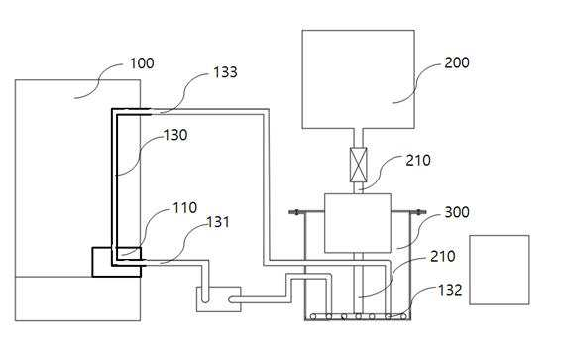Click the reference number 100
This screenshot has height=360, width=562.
[x=142, y=63]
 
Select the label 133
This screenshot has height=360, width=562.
[x=225, y=72]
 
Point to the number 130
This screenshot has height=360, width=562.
[x=175, y=135]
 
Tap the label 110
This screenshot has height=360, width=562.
[x=185, y=208]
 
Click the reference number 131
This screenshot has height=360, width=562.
[x=218, y=222]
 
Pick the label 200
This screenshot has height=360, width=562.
[x=457, y=62]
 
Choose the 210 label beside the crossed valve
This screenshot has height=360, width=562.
[x=418, y=161]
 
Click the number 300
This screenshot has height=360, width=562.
[x=457, y=212]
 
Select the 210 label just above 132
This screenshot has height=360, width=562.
[x=443, y=257]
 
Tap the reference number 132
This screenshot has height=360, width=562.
[x=450, y=290]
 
